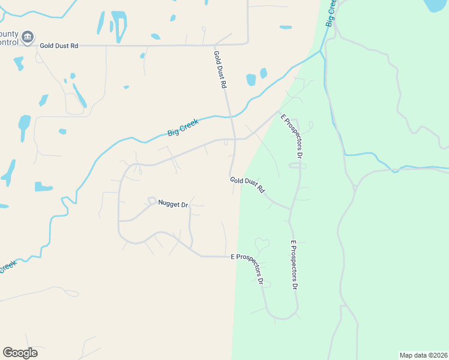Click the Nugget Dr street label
coord(173,204)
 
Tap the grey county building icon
coord(28,38)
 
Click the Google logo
coord(20,352)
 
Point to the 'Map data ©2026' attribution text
coord(423,355)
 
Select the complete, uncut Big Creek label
coord(182,128)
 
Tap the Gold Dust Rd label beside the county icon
coord(59,46)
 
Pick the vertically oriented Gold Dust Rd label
coord(220,70)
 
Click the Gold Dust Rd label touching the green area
coord(247,184)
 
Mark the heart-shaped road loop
coord(262,244)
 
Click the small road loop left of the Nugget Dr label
coord(152,200)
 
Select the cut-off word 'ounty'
coord(8,35)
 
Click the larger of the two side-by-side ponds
coord(251,80)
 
